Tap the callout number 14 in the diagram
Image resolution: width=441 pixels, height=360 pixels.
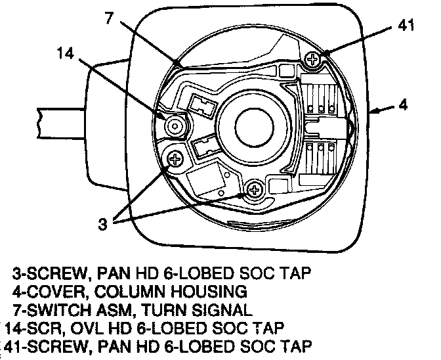(66, 56)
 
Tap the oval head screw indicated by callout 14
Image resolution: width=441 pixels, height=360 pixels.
(175, 124)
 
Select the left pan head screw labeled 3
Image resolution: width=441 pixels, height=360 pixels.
(175, 158)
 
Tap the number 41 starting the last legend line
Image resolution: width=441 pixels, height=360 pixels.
(14, 345)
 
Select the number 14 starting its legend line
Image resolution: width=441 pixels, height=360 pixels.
(14, 327)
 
